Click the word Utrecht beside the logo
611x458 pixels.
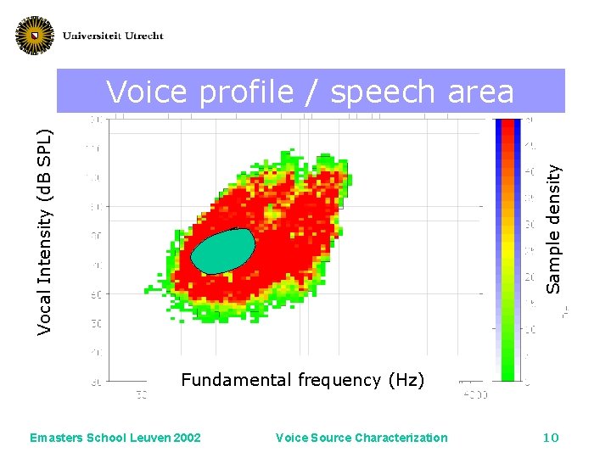click(x=141, y=36)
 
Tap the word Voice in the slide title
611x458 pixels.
click(x=149, y=92)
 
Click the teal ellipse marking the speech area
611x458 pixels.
click(x=223, y=251)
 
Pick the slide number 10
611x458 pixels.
click(x=551, y=438)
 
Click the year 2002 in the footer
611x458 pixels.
click(x=186, y=438)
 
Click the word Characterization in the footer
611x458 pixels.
click(x=402, y=438)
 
